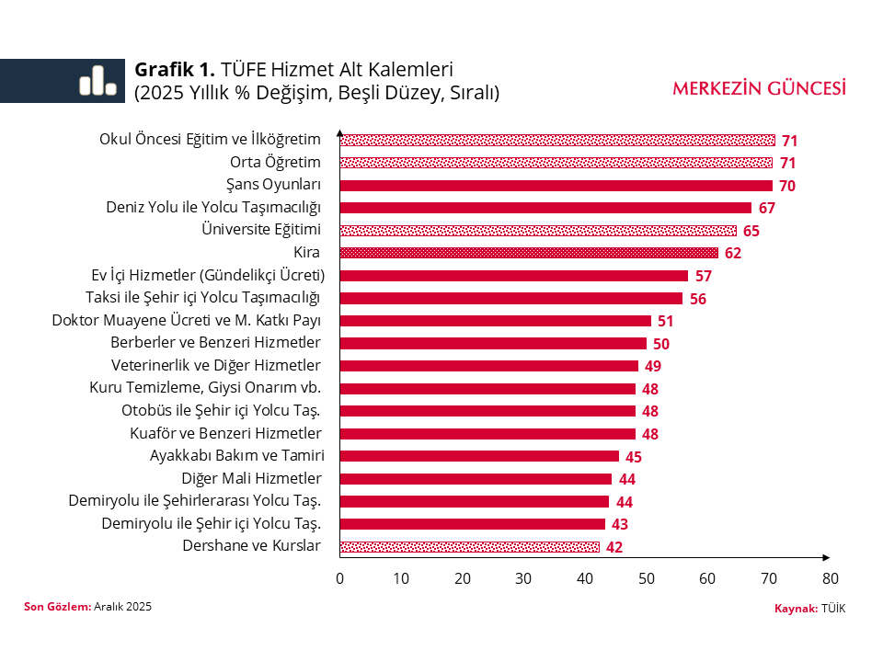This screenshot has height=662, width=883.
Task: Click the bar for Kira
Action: coord(529,253)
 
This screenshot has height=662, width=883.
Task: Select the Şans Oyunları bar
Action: coord(556,186)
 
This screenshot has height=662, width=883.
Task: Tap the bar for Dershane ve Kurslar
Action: coord(469,547)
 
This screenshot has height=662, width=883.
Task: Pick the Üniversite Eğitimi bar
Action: coord(538,231)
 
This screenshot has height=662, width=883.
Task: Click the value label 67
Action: coord(767,209)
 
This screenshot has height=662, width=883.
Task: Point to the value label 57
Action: coord(704,276)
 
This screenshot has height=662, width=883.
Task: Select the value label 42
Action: coord(615,547)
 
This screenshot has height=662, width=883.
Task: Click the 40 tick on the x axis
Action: coord(585,578)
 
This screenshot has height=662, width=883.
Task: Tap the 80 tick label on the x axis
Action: coord(830,578)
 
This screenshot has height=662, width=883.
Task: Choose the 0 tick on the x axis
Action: coord(339,578)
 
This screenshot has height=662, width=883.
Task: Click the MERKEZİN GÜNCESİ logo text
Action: coord(759,88)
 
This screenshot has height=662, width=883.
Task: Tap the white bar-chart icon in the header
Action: coord(97,81)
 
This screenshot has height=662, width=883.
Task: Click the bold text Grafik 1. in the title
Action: coord(175,70)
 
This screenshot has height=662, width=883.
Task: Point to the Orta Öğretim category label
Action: coord(275,163)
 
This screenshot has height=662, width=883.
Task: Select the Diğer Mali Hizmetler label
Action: coord(251,479)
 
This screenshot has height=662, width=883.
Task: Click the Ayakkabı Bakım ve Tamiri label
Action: coord(236,456)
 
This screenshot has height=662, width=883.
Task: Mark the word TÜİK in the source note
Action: coord(833,609)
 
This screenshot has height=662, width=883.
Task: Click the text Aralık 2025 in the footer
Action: coord(122,607)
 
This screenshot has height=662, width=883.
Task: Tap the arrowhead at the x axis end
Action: coord(826,558)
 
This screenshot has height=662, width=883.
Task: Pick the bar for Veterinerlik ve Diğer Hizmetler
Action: coord(488,366)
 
